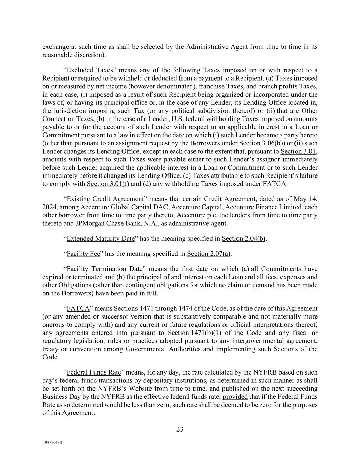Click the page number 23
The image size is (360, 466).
(180, 429)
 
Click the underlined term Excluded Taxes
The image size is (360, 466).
(89, 70)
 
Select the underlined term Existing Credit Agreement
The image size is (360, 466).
(105, 199)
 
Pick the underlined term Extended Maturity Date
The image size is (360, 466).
(101, 239)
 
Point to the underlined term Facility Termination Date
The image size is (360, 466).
(104, 269)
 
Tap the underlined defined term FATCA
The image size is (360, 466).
(78, 309)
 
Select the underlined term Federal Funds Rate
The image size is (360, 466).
(94, 372)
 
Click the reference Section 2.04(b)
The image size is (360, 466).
(244, 239)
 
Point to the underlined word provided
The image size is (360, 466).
(235, 397)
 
